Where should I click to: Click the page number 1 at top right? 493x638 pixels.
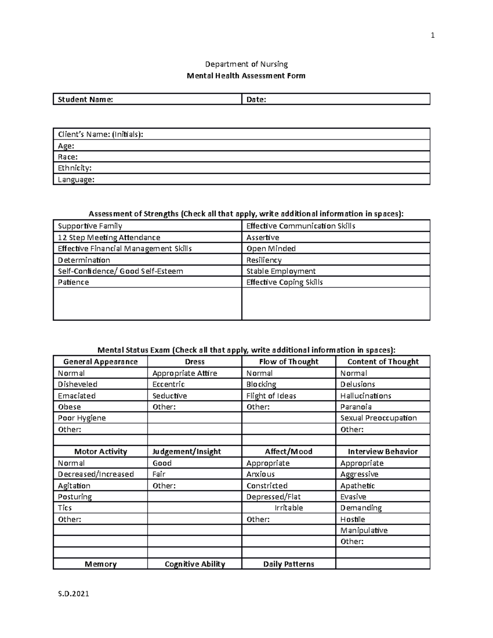click(432, 36)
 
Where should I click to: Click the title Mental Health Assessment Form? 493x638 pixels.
click(246, 76)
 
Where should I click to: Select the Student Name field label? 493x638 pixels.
click(85, 99)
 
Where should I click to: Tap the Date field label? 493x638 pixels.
click(256, 99)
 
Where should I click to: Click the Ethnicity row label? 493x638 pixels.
click(75, 168)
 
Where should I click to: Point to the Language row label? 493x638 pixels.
click(76, 180)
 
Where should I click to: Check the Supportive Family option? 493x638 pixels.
click(90, 226)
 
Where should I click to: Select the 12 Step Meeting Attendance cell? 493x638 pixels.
click(109, 237)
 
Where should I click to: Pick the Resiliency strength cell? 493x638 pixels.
click(264, 260)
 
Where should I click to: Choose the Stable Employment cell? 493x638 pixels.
click(281, 271)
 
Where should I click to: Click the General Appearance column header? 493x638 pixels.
click(100, 362)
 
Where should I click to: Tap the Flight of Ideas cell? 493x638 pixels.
click(271, 396)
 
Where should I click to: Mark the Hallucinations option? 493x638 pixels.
click(366, 396)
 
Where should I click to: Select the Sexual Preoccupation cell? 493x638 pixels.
click(378, 418)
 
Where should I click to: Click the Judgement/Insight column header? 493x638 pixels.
click(187, 451)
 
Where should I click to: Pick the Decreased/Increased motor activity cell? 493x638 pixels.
click(96, 474)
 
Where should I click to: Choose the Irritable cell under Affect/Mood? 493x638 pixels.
click(289, 508)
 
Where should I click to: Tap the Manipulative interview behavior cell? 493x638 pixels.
click(364, 530)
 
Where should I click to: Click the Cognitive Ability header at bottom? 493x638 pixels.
click(195, 564)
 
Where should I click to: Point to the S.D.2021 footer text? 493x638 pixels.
click(74, 594)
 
